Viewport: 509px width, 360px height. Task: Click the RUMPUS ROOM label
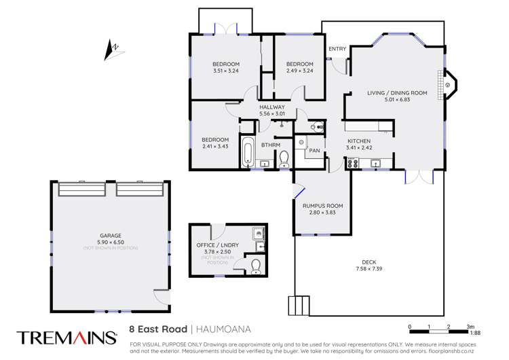[322, 205]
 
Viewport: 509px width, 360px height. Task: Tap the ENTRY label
[337, 49]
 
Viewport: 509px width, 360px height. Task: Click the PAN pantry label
[314, 150]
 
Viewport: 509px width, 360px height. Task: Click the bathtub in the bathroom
[248, 155]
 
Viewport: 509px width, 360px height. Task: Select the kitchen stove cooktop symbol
[353, 162]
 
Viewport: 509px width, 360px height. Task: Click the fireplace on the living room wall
[449, 85]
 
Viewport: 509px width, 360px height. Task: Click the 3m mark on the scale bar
[468, 327]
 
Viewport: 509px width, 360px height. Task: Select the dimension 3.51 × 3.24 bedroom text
[226, 70]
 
